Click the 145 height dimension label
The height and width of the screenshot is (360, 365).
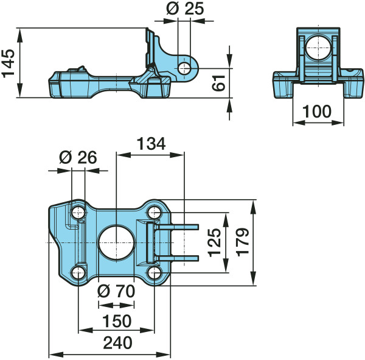8,63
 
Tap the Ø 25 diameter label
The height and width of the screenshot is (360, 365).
186,9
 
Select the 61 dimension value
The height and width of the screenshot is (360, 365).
218,83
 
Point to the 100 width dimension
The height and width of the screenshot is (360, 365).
316,111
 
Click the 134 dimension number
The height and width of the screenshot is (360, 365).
151,144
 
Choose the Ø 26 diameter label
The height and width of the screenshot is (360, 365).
78,157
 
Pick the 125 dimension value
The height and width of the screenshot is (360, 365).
214,242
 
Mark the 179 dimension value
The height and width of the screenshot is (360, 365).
243,242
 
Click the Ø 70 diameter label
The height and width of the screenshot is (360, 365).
116,291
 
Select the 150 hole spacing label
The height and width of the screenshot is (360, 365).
117,321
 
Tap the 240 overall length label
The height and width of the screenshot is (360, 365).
117,343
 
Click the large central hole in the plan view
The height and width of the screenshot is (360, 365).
117,242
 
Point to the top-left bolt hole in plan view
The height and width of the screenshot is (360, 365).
78,213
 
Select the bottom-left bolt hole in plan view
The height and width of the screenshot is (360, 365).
78,273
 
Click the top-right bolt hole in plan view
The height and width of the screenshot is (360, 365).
155,213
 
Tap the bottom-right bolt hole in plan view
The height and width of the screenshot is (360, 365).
155,273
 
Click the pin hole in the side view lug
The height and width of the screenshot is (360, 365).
184,69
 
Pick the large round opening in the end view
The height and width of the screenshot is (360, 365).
318,48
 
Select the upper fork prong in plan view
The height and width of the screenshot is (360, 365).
178,227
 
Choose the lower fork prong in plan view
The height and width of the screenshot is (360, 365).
178,258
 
